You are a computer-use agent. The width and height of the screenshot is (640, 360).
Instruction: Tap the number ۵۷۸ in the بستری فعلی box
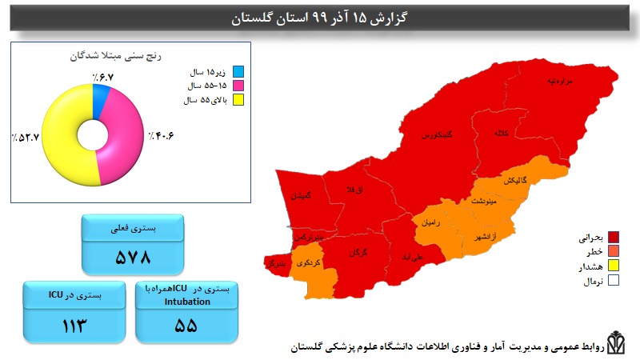[134, 257]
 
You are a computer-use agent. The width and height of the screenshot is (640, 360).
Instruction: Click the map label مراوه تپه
[562, 81]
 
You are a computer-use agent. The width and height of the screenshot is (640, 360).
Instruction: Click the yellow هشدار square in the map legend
[614, 266]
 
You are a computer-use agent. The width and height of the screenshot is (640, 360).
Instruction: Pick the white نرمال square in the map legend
[614, 281]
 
